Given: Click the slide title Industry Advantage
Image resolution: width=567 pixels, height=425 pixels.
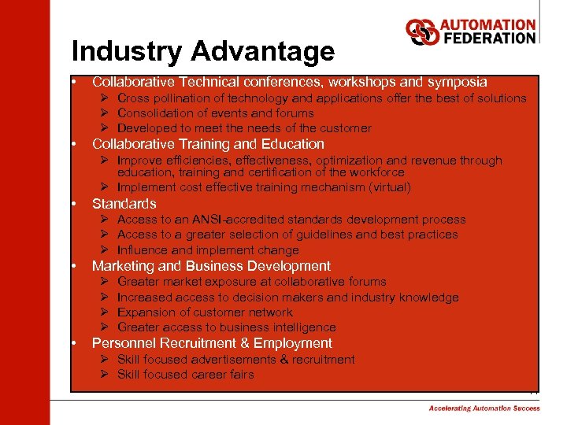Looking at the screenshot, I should point(202,52).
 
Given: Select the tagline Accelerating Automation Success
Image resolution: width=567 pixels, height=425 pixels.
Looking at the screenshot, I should point(484,408).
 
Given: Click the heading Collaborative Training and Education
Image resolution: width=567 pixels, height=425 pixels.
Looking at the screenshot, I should point(208,144).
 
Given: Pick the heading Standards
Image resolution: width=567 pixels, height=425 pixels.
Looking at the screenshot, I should point(124,204).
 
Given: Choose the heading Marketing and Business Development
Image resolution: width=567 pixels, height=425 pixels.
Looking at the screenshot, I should point(211,266).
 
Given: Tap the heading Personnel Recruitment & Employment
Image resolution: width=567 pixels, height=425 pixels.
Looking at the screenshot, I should point(212,343).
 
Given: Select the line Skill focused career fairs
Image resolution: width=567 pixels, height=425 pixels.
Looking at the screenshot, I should point(185,375).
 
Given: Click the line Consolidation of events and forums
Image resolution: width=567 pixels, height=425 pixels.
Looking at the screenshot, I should point(215,113).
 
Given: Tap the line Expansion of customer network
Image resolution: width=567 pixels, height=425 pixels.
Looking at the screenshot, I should point(205,312).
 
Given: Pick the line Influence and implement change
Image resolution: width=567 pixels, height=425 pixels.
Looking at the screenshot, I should point(208,250).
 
